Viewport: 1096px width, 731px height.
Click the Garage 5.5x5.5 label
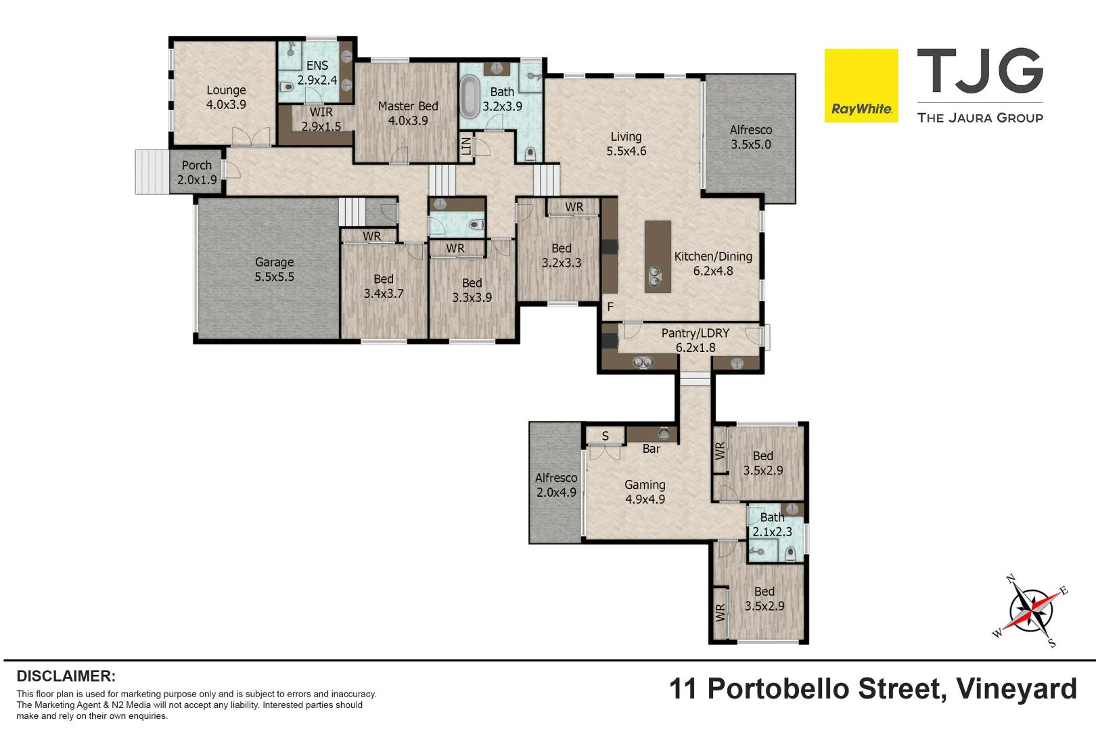274,269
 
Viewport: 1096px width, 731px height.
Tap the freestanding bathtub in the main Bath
470,97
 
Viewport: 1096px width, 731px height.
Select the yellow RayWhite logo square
861,85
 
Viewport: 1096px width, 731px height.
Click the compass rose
1030,611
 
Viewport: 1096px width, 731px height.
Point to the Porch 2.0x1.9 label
197,173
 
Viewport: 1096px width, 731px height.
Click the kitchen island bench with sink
657,257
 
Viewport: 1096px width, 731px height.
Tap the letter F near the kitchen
610,307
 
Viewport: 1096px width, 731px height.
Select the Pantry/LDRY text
695,333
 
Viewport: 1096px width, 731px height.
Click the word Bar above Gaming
651,449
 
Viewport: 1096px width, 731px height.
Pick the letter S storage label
605,437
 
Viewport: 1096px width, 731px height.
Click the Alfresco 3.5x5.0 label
750,137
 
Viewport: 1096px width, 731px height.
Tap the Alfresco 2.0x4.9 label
556,485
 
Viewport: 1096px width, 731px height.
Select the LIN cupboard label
466,146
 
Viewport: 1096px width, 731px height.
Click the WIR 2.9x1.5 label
321,119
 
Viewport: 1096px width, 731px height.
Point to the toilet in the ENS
286,87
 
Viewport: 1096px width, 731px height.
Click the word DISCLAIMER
66,676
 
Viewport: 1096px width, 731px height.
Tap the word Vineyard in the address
1015,689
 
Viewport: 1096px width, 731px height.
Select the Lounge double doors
251,137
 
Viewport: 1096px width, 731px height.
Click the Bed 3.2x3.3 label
561,256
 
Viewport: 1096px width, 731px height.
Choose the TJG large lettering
979,71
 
